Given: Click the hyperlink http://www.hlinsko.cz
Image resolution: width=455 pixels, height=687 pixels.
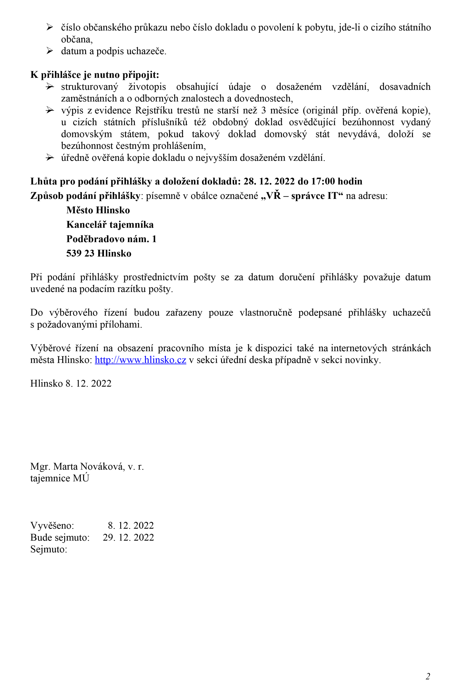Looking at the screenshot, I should coord(141,360).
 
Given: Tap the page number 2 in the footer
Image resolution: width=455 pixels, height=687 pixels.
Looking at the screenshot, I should coord(428,676).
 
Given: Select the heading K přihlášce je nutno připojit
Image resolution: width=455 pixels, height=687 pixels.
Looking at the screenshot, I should coord(95,75).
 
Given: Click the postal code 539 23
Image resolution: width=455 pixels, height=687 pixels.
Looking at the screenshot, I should coord(80,253).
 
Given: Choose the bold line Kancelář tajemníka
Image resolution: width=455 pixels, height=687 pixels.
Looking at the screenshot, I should coord(110,224).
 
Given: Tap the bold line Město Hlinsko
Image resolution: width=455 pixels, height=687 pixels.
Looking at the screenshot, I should coord(98,210).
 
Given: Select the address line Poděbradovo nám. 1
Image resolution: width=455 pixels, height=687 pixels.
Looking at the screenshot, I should coord(111,239).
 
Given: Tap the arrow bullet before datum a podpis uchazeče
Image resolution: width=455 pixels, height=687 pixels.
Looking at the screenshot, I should coord(50,51).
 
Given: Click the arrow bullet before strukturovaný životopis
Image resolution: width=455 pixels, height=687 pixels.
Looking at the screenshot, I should coord(50,87).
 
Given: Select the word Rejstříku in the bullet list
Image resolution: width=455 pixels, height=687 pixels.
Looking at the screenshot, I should coord(154,110).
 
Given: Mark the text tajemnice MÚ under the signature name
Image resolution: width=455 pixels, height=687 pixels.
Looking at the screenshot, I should coord(60,478).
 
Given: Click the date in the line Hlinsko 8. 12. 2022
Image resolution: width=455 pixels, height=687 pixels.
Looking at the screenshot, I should coord(88,383).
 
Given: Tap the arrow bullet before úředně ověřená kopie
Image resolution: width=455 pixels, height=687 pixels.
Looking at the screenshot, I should coord(50,158).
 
